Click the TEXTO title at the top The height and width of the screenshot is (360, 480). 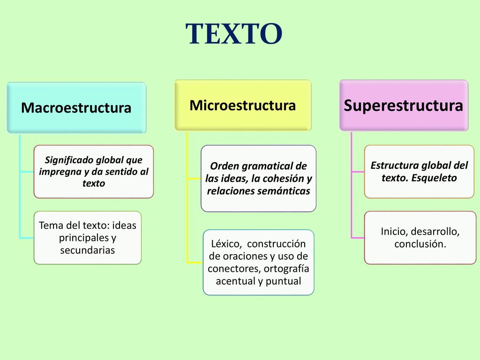234,34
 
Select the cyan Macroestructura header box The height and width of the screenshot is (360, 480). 76,108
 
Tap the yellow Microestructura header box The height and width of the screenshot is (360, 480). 242,105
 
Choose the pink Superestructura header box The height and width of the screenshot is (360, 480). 404,105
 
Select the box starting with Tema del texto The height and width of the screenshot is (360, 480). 88,238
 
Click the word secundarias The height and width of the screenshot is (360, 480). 88,250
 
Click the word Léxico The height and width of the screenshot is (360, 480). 226,244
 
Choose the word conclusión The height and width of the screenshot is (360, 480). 420,244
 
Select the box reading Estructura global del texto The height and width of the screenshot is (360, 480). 420,172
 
